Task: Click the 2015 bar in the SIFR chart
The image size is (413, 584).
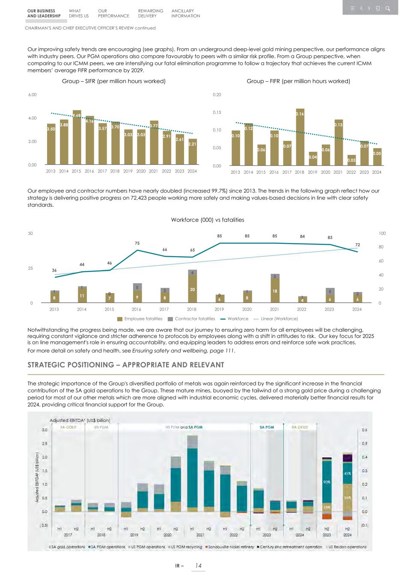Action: pos(77,138)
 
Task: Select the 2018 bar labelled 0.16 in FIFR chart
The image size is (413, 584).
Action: pos(300,137)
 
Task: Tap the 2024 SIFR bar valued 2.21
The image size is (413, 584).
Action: pos(193,152)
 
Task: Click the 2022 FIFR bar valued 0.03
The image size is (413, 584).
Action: pos(351,160)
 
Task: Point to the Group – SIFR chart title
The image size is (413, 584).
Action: pos(114,81)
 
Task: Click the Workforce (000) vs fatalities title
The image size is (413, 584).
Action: pos(208,220)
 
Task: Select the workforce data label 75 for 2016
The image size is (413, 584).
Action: pos(137,243)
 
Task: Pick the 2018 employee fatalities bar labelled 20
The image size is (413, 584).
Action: pos(192,290)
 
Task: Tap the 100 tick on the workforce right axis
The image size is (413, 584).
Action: pos(382,234)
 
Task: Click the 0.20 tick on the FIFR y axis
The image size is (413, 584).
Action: pos(217,95)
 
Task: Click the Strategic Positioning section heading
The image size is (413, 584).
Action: pos(126,365)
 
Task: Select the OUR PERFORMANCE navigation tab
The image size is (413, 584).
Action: pos(113,13)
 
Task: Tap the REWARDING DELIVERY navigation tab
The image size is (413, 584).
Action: pos(151,13)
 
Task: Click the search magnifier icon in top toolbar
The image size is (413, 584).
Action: pos(387,8)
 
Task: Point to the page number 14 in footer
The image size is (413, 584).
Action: pos(198,566)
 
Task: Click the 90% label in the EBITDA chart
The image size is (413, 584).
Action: pos(327,482)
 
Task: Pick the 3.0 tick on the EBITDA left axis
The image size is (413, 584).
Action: pos(45,430)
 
